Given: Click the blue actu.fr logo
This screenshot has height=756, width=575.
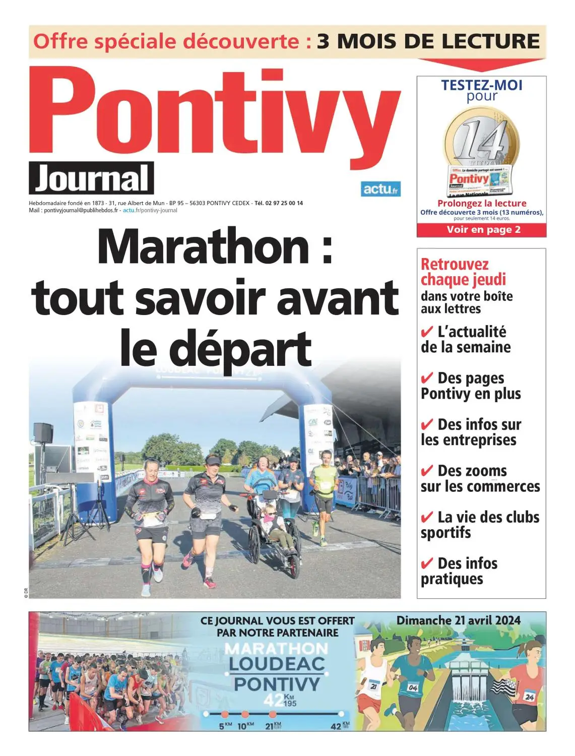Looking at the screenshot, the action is tap(380, 189).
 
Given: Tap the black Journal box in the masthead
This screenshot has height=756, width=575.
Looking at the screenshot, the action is tap(91, 178).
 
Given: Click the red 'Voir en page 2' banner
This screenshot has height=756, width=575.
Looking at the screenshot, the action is tap(482, 230).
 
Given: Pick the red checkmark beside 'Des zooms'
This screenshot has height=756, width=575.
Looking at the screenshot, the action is tap(427, 471).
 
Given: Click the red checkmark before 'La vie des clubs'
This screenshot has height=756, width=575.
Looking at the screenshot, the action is tap(427, 518).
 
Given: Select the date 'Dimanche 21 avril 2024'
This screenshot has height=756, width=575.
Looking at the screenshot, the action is tap(458, 620).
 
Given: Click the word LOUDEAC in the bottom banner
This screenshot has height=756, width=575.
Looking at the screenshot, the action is tap(277, 664).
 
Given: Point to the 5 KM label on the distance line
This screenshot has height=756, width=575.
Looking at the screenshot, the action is tap(225, 726).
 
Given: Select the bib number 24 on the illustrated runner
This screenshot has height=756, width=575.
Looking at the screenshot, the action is tap(529, 697).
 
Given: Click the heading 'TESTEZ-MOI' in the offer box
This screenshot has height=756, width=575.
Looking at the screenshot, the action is tap(482, 85).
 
